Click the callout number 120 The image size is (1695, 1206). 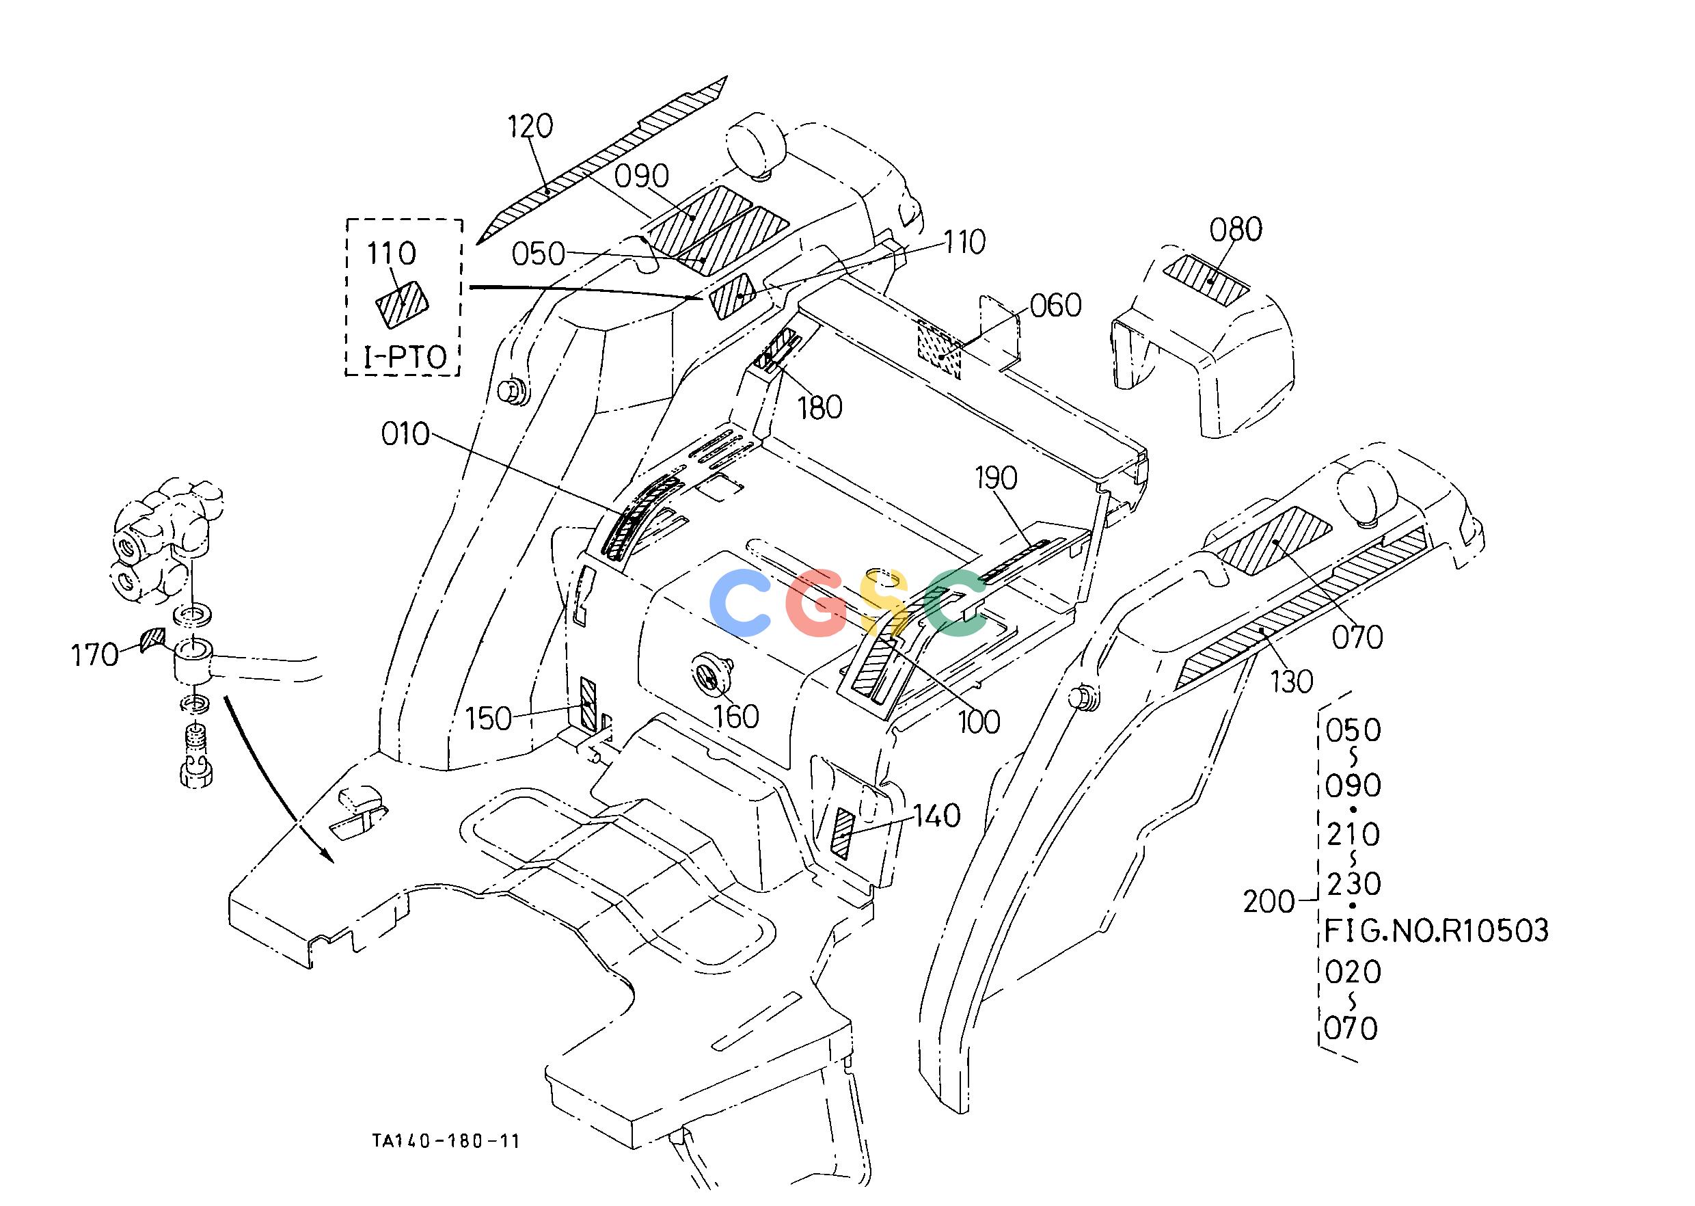click(531, 127)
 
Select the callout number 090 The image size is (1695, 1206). click(642, 177)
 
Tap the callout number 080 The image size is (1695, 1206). click(1236, 230)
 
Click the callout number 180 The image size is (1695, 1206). click(819, 407)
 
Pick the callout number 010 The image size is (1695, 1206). click(405, 434)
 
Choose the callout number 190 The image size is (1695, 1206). click(996, 479)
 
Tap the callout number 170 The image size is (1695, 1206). click(94, 656)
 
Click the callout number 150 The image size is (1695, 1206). click(489, 719)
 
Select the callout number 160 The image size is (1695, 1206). click(736, 716)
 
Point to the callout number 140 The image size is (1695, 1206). click(936, 817)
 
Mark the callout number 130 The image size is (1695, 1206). click(1292, 682)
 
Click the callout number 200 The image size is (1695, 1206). click(1269, 902)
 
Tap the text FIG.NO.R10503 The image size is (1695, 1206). click(1437, 930)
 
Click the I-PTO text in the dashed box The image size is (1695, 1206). click(405, 358)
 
